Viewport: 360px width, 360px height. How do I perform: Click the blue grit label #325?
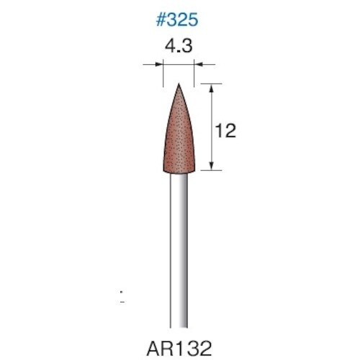tap(176, 20)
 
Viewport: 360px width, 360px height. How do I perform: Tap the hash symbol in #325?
tap(160, 20)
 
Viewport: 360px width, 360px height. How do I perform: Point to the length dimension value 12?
tap(225, 130)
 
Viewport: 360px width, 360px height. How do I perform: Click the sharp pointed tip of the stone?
tap(179, 84)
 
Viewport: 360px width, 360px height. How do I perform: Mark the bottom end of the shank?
tap(179, 325)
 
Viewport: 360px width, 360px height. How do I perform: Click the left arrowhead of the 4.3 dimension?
tap(160, 66)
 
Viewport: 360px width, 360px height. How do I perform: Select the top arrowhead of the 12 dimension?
tap(211, 86)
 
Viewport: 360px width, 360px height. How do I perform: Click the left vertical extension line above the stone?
tap(163, 72)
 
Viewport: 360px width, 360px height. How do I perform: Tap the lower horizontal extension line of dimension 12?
tap(205, 171)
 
